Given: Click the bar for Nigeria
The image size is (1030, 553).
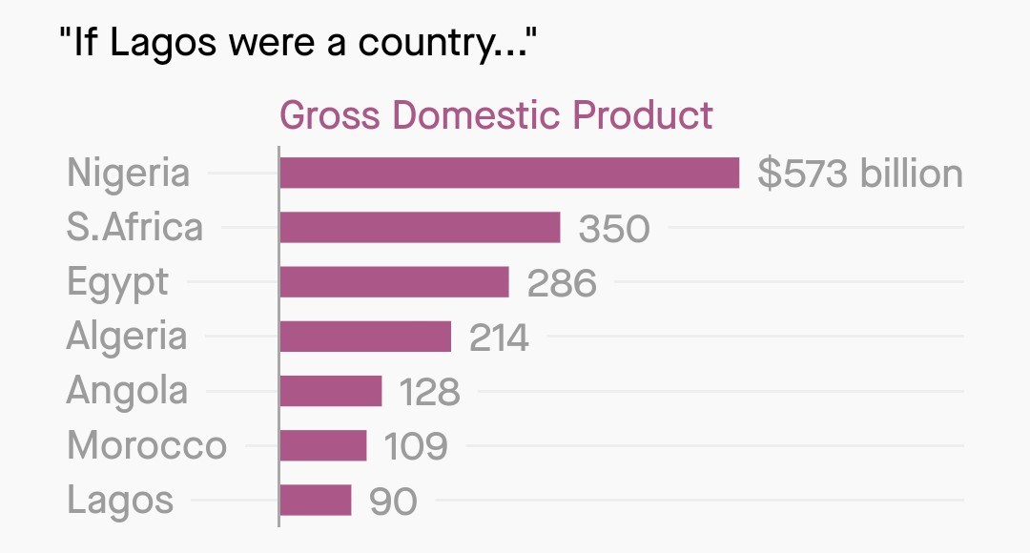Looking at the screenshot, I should coord(509,174).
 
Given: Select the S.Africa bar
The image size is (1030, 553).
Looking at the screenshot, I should coord(420,228).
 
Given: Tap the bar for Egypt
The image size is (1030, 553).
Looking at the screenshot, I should coord(394,282).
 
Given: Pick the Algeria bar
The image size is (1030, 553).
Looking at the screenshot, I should coord(365,337).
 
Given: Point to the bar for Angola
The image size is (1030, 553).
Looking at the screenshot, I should coord(331,391).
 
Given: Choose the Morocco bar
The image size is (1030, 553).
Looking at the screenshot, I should coord(323,445).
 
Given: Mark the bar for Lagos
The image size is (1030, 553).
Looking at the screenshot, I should coord(316,500).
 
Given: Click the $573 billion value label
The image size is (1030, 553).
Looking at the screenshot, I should coord(860,174).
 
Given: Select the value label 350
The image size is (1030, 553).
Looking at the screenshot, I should coord(614,229).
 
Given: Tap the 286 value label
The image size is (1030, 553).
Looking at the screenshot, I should coord(562,283).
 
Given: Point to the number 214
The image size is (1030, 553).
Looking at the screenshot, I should coord(499,338).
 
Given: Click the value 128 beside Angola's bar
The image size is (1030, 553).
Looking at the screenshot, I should coord(429,392).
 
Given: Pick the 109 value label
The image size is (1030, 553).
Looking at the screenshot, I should coord(415,446).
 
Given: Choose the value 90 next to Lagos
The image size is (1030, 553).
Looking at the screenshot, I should coord(393,501).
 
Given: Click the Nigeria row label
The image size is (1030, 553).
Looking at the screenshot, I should coord(129,174).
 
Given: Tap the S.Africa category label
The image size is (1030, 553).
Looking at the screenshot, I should coord(134,228).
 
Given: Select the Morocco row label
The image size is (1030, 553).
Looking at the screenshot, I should coord(147,445).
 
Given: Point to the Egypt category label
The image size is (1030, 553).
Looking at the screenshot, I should coord(117,283).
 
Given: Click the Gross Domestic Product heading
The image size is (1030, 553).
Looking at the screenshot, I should coord(496,115).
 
